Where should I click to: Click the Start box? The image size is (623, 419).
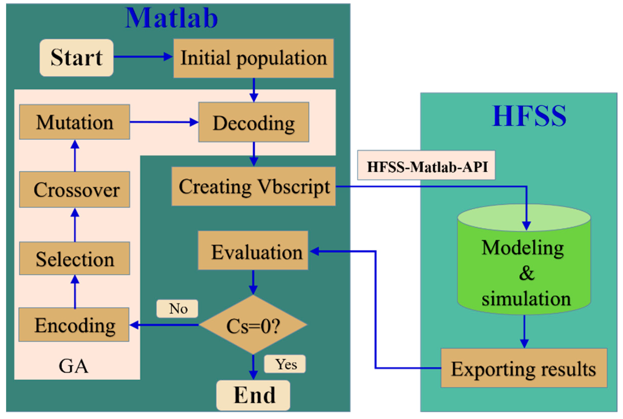76,58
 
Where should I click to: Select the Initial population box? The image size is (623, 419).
253,58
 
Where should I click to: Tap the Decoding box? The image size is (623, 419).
253,122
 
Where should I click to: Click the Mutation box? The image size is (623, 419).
75,122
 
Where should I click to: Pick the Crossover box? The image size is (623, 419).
75,189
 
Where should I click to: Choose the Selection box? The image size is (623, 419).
75,259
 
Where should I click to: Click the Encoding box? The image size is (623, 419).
74,325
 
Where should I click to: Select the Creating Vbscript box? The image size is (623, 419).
253,186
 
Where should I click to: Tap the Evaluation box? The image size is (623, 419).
253,250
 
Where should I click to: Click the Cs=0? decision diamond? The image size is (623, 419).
253,325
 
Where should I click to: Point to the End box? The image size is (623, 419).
253,395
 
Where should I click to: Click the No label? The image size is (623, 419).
177,309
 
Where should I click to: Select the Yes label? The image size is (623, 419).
285,364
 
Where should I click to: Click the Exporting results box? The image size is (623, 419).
523,368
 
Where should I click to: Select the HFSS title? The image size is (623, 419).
529,116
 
